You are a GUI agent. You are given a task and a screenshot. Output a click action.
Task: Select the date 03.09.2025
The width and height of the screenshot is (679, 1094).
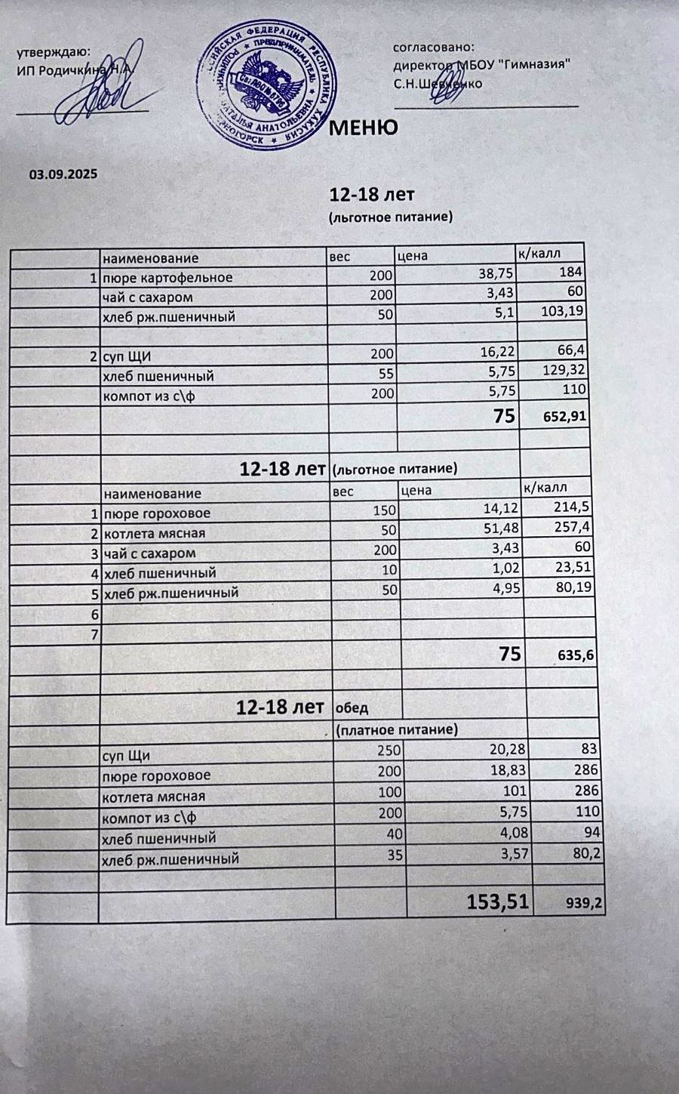[63, 174]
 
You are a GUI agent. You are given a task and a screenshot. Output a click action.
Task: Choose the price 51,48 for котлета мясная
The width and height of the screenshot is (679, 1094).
[502, 532]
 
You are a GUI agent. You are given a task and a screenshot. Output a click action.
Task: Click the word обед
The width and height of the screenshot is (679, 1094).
[352, 709]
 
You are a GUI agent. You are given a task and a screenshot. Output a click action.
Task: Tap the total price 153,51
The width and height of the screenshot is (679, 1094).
[499, 901]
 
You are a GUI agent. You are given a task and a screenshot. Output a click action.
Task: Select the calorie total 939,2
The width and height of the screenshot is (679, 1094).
[585, 903]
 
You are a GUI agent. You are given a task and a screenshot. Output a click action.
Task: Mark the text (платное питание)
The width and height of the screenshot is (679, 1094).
[397, 730]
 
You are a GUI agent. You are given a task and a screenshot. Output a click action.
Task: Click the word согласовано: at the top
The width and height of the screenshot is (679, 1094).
[434, 47]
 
